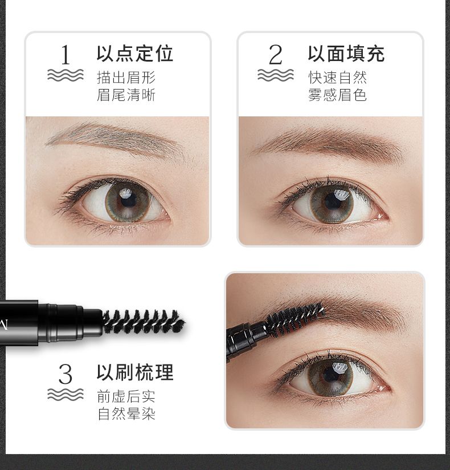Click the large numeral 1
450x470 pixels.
[x=66, y=55]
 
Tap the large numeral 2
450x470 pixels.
[x=276, y=55]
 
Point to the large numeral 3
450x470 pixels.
[x=66, y=374]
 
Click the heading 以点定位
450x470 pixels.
[x=135, y=54]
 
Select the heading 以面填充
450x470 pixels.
[x=346, y=54]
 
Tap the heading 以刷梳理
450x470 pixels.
[x=135, y=372]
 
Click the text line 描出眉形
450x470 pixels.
[x=126, y=78]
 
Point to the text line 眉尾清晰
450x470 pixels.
[x=126, y=95]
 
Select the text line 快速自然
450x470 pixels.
[x=337, y=78]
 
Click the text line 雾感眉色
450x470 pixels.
[x=337, y=95]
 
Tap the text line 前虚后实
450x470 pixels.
[x=126, y=396]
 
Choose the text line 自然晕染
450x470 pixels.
[x=126, y=414]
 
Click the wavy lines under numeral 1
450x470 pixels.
[x=66, y=75]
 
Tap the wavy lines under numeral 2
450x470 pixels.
[x=276, y=75]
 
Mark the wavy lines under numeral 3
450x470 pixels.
[x=66, y=394]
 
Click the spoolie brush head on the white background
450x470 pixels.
[x=144, y=322]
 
